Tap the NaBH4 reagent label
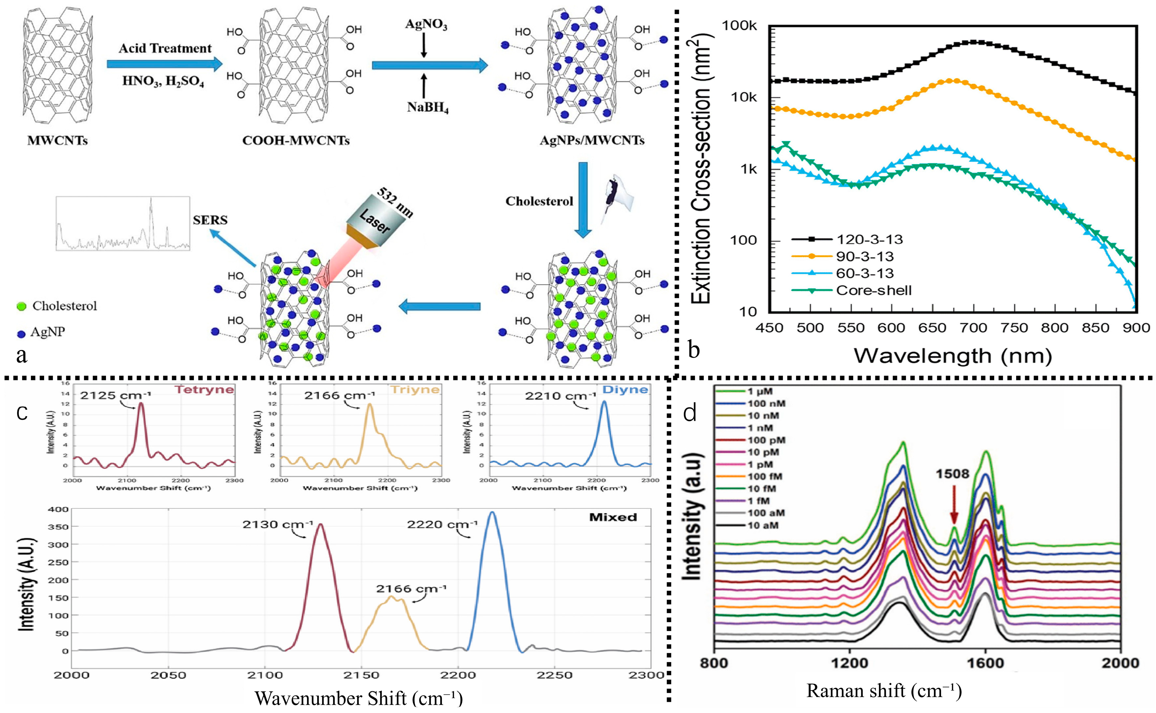[428, 108]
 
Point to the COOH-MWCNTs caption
[296, 140]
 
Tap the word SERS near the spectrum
[210, 220]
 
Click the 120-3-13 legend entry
[869, 240]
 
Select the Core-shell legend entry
[873, 291]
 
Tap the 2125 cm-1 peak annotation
[115, 395]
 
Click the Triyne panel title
[415, 390]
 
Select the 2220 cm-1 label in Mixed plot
[442, 524]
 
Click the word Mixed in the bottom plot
[613, 517]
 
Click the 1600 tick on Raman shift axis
[985, 663]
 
